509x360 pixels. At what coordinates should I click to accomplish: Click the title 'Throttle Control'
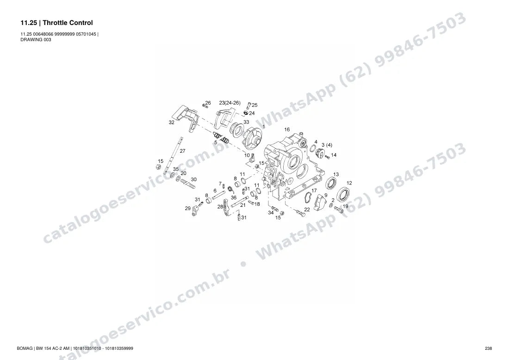pyautogui.click(x=68, y=23)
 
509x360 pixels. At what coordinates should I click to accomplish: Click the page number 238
pyautogui.click(x=488, y=348)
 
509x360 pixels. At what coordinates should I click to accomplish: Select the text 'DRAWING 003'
pyautogui.click(x=36, y=40)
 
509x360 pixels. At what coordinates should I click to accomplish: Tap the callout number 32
pyautogui.click(x=171, y=122)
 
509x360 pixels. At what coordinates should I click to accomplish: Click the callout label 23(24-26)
pyautogui.click(x=230, y=103)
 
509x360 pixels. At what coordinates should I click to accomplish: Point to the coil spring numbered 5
pyautogui.click(x=221, y=137)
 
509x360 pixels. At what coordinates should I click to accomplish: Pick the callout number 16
pyautogui.click(x=287, y=130)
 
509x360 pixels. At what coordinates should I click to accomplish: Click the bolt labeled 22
pyautogui.click(x=301, y=213)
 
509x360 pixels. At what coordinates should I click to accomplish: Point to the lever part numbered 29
pyautogui.click(x=196, y=211)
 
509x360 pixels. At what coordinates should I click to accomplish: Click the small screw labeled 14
pyautogui.click(x=327, y=157)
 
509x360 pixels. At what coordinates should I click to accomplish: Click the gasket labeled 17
pyautogui.click(x=308, y=198)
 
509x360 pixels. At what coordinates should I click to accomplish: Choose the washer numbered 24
pyautogui.click(x=246, y=113)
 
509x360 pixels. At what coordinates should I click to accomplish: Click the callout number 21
pyautogui.click(x=243, y=205)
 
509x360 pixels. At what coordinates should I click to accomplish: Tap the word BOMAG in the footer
pyautogui.click(x=25, y=348)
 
